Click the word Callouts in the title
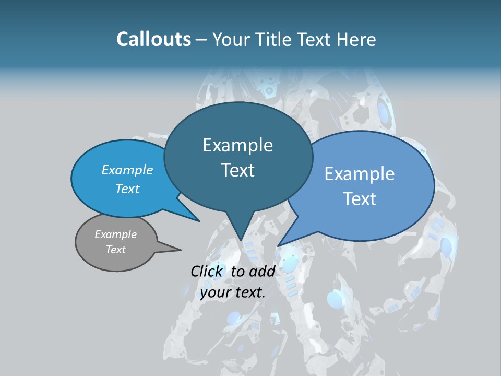pos(154,39)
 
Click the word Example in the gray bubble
pos(116,234)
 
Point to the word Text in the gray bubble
pos(116,250)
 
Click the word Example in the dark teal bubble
pos(237,145)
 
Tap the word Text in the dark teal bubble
pos(237,170)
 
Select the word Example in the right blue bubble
pos(360,174)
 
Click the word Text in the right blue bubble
pos(360,199)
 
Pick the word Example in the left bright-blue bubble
pos(127,170)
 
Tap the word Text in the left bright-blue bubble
pos(127,189)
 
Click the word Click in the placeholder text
pos(207,271)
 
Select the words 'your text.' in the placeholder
pos(233,292)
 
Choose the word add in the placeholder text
pos(263,271)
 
